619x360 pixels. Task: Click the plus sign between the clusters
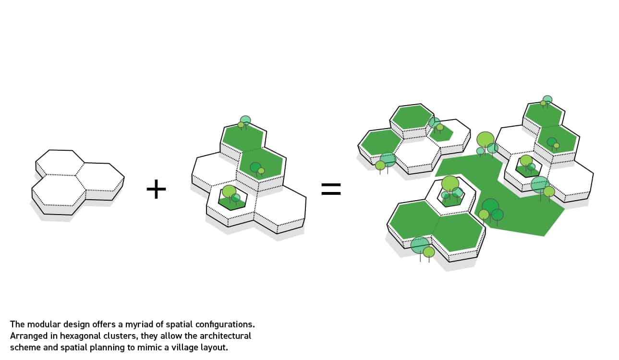[x=156, y=189]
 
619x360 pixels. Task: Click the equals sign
[x=331, y=189]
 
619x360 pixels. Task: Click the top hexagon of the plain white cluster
[x=60, y=162]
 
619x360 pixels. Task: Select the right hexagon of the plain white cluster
[x=100, y=177]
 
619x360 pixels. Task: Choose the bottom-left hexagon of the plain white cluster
[x=59, y=190]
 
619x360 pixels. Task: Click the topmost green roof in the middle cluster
[x=243, y=138]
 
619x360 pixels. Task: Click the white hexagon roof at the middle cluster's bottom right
[x=280, y=204]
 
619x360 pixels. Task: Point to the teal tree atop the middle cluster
[x=245, y=120]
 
